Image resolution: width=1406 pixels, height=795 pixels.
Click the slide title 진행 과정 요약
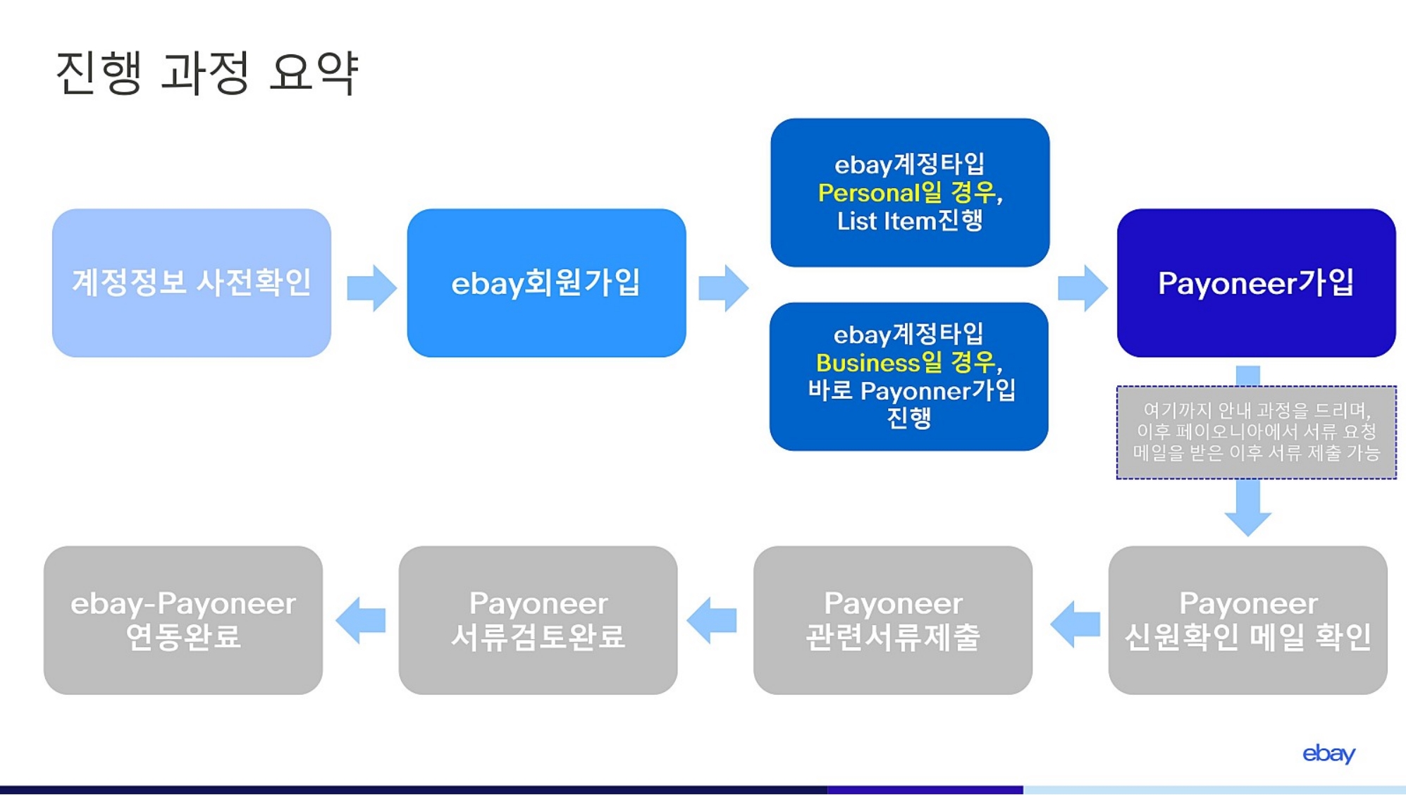coord(207,73)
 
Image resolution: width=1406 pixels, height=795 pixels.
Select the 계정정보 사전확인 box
coord(192,283)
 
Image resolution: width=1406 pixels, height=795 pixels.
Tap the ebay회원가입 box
coord(546,283)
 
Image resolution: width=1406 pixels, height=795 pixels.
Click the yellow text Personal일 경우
coord(906,192)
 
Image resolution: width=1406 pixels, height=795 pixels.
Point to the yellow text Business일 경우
coord(906,363)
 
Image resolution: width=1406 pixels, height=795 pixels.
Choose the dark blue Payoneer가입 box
coord(1256,283)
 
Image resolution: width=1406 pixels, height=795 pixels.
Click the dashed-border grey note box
coord(1256,432)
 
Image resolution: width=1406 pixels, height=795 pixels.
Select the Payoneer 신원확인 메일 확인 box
coord(1247,620)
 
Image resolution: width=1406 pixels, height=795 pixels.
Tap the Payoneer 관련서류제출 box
coord(893,620)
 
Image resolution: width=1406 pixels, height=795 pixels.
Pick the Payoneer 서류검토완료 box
coord(538,620)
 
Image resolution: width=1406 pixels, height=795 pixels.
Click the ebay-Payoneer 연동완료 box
coord(183,620)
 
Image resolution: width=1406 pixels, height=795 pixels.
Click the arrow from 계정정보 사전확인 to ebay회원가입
coord(372,288)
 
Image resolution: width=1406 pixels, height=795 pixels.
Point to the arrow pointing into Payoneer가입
coord(1083,288)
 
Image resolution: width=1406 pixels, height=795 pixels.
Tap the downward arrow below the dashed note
coord(1248,508)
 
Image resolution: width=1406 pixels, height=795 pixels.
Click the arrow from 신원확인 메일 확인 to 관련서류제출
coord(1075,624)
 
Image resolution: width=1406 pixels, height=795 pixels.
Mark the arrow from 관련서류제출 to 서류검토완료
coord(712,620)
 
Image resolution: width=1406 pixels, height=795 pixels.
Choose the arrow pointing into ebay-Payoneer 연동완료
coord(361,620)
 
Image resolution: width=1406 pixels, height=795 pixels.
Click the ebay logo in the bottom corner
coord(1328,754)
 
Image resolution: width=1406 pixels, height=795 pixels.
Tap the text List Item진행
coord(909,221)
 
